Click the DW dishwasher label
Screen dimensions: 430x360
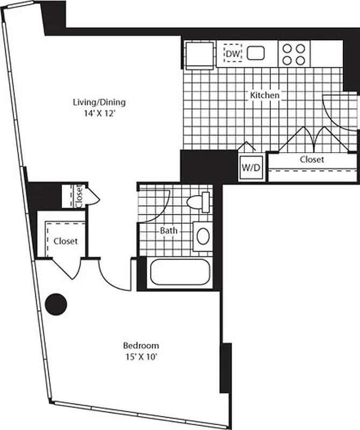232,54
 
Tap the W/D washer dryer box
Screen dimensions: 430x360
250,167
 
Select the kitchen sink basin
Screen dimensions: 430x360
256,53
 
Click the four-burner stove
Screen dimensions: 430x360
294,54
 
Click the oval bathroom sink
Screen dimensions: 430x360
203,236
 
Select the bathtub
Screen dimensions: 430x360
178,273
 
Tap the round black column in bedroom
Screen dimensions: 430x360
55,304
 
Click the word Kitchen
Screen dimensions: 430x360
264,95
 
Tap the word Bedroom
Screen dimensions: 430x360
141,345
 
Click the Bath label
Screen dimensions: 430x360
169,231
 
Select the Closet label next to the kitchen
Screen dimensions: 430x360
312,160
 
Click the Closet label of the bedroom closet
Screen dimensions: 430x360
65,241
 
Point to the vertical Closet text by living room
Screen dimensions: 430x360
79,196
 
